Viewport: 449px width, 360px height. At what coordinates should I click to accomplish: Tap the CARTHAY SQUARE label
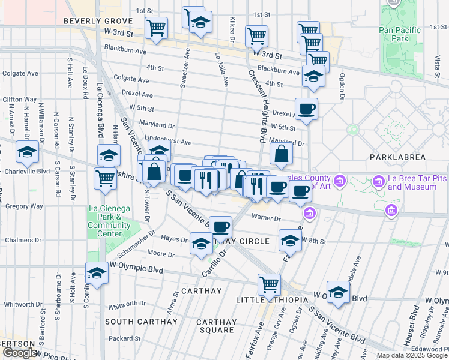217,326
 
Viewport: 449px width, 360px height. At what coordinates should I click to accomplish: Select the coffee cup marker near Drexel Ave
306,109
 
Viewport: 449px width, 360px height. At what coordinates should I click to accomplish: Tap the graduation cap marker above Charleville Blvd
28,152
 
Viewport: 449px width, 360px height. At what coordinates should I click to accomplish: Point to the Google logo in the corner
20,353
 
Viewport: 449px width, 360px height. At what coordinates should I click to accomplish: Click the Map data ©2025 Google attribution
412,355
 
